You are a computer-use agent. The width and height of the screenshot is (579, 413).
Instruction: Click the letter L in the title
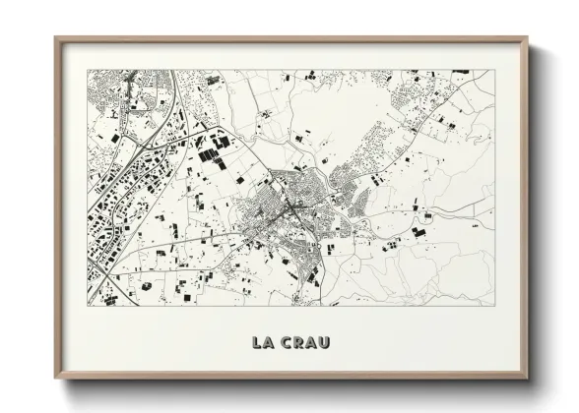[x=257, y=342]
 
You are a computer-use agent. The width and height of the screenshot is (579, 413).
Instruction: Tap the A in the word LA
[x=270, y=342]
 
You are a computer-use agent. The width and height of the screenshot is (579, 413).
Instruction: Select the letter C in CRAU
[x=289, y=342]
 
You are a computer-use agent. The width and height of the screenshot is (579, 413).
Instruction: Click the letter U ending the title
[x=326, y=342]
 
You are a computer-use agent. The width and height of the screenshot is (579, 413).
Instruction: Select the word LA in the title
[x=263, y=342]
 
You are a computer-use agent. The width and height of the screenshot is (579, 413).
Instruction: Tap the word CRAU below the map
[x=307, y=342]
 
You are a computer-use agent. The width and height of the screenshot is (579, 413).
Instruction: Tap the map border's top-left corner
[x=88, y=70]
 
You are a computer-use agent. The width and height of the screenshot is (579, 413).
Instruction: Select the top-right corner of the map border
[x=495, y=70]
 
